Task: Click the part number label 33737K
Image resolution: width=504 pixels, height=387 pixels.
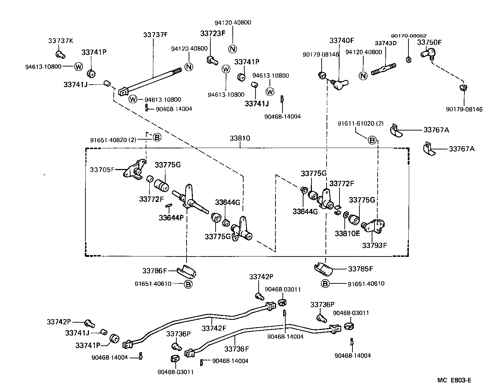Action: tap(61, 41)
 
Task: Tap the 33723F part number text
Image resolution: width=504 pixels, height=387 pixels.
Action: tap(213, 34)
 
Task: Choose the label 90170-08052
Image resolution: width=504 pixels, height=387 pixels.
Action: tap(408, 36)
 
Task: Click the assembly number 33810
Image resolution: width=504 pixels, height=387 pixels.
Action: tap(240, 138)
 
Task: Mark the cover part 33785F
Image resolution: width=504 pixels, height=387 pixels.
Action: tap(323, 267)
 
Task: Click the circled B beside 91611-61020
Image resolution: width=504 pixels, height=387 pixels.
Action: tap(372, 140)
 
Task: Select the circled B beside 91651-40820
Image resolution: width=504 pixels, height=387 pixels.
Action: tap(157, 138)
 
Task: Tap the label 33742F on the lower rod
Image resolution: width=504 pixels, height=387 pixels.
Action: tap(213, 328)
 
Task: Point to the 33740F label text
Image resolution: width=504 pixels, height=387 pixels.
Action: tap(342, 41)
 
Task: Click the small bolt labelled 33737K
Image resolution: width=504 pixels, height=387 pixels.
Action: tap(60, 54)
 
